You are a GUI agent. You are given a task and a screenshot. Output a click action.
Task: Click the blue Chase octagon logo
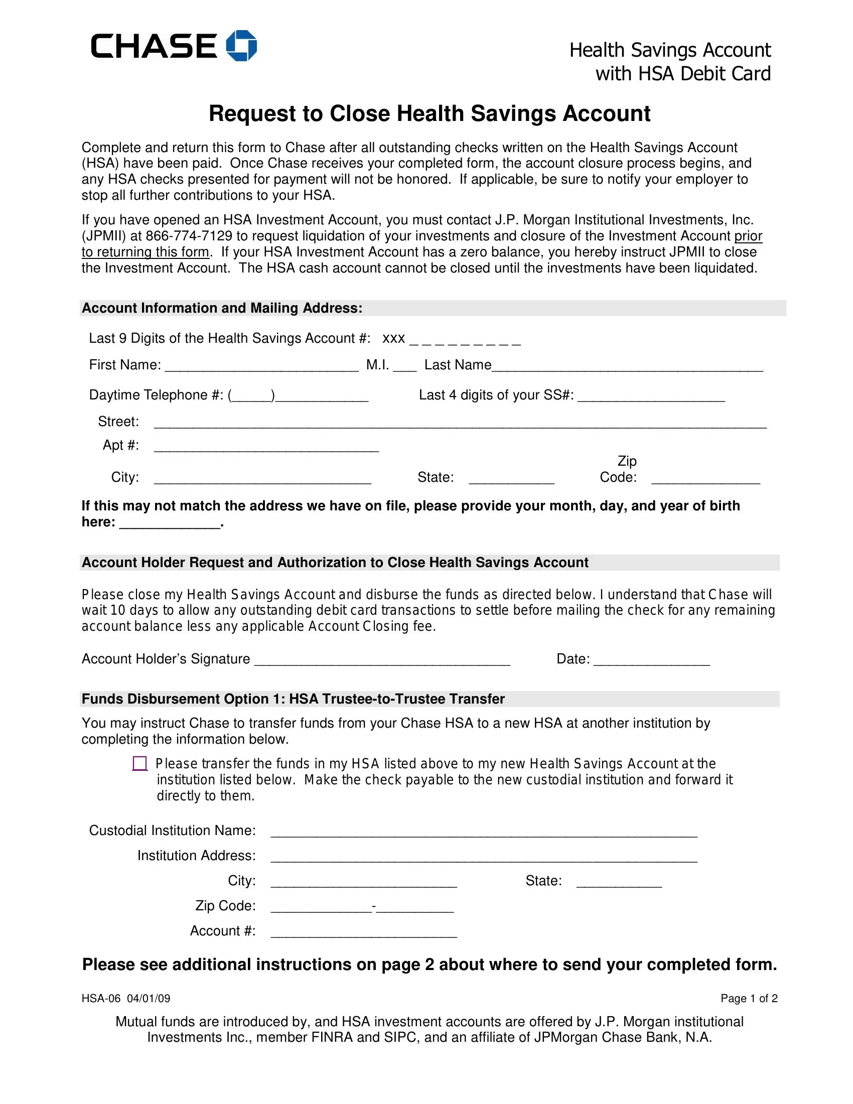pyautogui.click(x=241, y=46)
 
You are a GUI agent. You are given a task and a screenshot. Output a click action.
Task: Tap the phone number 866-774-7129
pyautogui.click(x=189, y=236)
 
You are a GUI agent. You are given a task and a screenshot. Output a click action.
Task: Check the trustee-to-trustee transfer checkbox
pyautogui.click(x=139, y=763)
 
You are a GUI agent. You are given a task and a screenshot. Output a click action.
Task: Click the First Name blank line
pyautogui.click(x=261, y=366)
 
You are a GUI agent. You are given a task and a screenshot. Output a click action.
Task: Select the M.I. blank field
pyautogui.click(x=404, y=366)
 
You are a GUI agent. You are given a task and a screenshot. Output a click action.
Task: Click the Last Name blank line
pyautogui.click(x=627, y=366)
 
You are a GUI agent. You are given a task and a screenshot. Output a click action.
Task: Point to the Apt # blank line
pyautogui.click(x=266, y=446)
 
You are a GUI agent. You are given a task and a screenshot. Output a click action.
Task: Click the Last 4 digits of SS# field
pyautogui.click(x=651, y=396)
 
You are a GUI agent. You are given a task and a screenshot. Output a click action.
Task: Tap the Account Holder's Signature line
pyautogui.click(x=381, y=660)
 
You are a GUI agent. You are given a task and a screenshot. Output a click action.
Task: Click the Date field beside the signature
pyautogui.click(x=651, y=660)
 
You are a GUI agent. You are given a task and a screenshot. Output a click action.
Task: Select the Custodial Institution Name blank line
pyautogui.click(x=484, y=832)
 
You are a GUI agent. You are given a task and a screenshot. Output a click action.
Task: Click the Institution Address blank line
pyautogui.click(x=484, y=857)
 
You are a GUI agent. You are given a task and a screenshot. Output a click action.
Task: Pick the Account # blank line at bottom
pyautogui.click(x=363, y=932)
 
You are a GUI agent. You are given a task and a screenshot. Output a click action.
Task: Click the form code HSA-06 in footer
pyautogui.click(x=101, y=998)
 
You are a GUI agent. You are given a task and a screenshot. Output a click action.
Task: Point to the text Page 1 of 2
pyautogui.click(x=749, y=998)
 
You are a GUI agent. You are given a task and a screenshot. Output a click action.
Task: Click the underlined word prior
pyautogui.click(x=748, y=236)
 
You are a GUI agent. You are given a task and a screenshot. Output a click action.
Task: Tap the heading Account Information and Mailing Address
pyautogui.click(x=222, y=308)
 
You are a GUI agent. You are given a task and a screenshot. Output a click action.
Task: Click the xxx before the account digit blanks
pyautogui.click(x=393, y=338)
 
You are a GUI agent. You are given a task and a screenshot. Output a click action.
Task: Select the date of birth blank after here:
pyautogui.click(x=170, y=523)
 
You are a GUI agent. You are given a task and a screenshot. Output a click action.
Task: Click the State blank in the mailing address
pyautogui.click(x=511, y=478)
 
